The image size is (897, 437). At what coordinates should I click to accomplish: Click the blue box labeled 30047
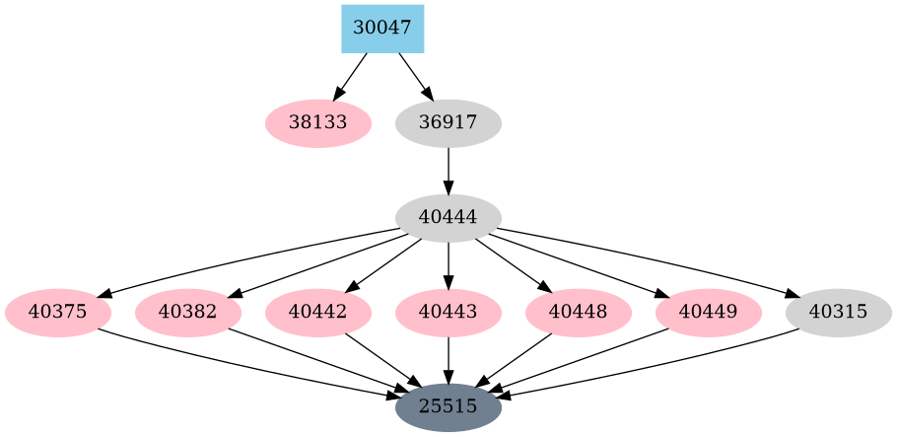pyautogui.click(x=382, y=29)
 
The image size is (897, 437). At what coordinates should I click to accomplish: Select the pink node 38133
pyautogui.click(x=318, y=123)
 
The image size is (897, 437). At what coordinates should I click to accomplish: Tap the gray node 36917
pyautogui.click(x=448, y=123)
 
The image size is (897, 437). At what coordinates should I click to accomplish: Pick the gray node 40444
pyautogui.click(x=448, y=218)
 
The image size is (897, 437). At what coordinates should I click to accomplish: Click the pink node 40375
pyautogui.click(x=58, y=313)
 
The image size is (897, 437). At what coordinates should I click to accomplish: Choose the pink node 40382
pyautogui.click(x=188, y=313)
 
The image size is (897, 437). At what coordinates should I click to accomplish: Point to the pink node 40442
pyautogui.click(x=318, y=313)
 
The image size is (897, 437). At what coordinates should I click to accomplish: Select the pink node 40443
pyautogui.click(x=448, y=313)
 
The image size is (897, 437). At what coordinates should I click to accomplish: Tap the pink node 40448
pyautogui.click(x=579, y=313)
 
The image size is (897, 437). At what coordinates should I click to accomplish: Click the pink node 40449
pyautogui.click(x=709, y=313)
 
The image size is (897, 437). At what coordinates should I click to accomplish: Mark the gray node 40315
pyautogui.click(x=839, y=313)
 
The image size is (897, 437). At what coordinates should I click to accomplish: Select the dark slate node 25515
pyautogui.click(x=448, y=406)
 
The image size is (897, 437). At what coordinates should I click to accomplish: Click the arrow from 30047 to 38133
pyautogui.click(x=351, y=76)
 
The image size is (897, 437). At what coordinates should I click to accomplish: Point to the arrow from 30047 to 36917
pyautogui.click(x=415, y=76)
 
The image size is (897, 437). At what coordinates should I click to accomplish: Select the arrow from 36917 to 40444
pyautogui.click(x=448, y=171)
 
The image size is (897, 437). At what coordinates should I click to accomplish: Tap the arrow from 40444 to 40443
pyautogui.click(x=448, y=265)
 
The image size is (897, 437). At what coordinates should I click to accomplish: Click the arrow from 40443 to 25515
pyautogui.click(x=448, y=360)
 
